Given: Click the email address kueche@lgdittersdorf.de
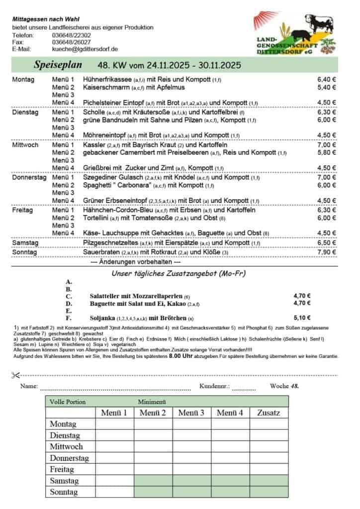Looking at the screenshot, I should pos(85,49).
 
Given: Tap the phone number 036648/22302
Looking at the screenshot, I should pos(71,35).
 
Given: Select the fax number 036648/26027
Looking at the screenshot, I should pos(71,42).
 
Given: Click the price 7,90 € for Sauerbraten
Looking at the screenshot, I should pos(327,252).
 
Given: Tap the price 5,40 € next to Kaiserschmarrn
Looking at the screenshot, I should pos(327,87).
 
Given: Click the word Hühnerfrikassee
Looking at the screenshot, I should pos(107,80).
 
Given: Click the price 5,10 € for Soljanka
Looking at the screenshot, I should pos(302,318).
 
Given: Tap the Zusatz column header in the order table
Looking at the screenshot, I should pos(269,413).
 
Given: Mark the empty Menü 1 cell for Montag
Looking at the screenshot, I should pos(114,424).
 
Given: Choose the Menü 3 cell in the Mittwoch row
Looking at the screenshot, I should pos(191,446).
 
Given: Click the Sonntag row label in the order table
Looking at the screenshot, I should pos(64,492).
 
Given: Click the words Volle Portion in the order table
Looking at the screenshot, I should pos(68,402).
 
